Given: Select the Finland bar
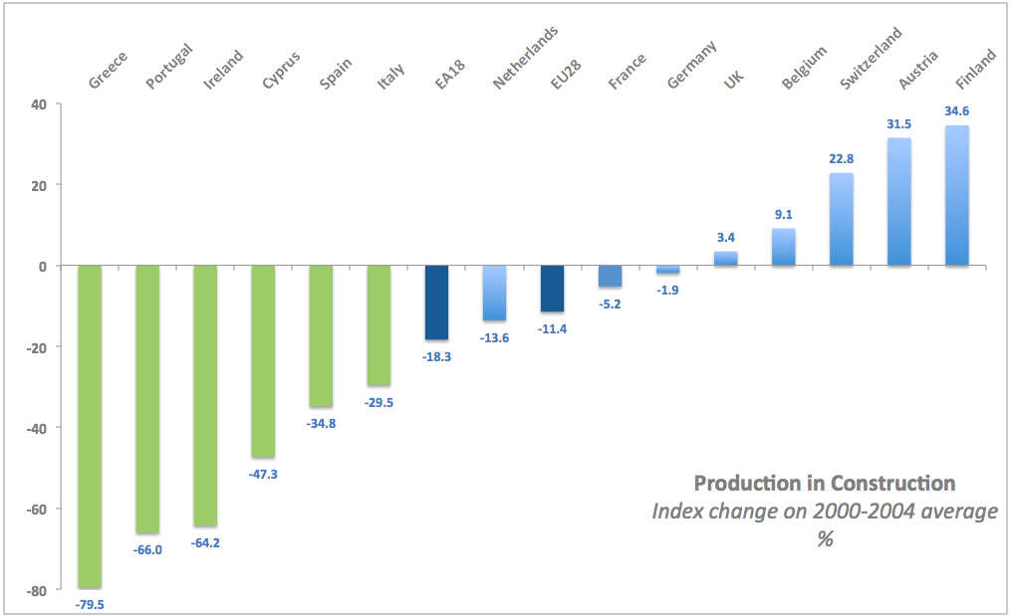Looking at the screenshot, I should (956, 195).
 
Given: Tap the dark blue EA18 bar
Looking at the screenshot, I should (436, 303).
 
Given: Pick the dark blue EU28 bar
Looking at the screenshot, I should (552, 289).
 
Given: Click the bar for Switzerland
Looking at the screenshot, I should (841, 219).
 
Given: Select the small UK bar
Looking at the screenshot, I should (725, 259).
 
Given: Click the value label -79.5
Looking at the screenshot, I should (90, 603).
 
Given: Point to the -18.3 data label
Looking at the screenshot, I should (436, 355).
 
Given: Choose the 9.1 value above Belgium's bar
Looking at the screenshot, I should (783, 215).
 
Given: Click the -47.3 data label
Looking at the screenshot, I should (263, 474).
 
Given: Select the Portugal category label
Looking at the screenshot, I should (167, 68).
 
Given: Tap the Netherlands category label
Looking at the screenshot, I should (524, 60).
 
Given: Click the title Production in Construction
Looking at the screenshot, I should (824, 484).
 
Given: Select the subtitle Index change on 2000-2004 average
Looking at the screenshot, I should (824, 512).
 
